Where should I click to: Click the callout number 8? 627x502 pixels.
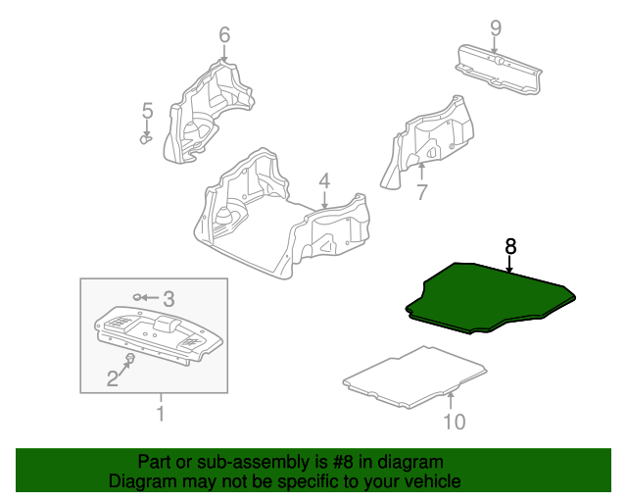tap(510, 246)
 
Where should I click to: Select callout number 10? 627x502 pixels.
tap(455, 422)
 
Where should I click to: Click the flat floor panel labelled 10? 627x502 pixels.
tap(415, 378)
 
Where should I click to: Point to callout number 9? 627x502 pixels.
tap(496, 28)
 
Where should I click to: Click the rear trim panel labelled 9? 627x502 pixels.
tap(499, 70)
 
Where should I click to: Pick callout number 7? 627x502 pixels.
tap(422, 192)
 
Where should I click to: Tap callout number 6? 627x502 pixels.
tap(224, 35)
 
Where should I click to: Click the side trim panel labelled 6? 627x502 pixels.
tap(208, 112)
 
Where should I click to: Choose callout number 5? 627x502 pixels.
tap(148, 111)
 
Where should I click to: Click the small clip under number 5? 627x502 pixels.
tap(146, 139)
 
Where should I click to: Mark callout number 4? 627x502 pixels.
tap(324, 181)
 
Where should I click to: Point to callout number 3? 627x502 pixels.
tap(169, 299)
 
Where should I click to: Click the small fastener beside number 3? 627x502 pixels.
tap(137, 297)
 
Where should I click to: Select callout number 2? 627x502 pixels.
tap(113, 378)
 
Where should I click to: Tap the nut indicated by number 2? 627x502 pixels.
tap(130, 358)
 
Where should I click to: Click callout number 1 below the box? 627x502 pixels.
tap(161, 414)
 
